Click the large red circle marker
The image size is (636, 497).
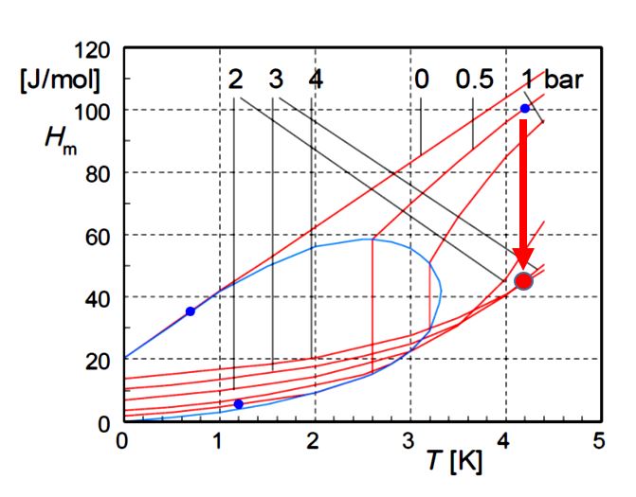tap(524, 280)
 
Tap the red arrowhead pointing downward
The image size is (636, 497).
tap(523, 257)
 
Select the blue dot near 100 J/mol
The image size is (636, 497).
tap(524, 109)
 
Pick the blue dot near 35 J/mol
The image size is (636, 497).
tap(191, 311)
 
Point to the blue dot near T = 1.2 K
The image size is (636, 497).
tap(238, 404)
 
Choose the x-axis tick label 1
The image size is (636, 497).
tap(219, 442)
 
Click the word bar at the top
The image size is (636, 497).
tap(564, 80)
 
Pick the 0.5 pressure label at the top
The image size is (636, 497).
tap(474, 80)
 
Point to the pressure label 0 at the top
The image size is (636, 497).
tap(421, 80)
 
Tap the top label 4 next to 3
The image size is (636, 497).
tap(315, 80)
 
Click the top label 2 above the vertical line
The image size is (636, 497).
tap(235, 80)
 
